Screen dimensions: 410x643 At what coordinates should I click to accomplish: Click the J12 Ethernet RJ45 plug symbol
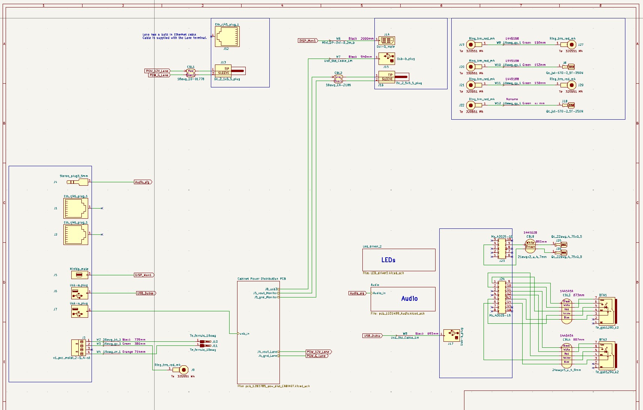227,36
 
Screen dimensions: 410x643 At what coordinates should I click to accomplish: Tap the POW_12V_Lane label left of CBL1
158,71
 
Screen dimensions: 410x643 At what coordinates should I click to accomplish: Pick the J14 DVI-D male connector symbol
386,41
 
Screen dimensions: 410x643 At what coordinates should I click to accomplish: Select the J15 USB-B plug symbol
386,59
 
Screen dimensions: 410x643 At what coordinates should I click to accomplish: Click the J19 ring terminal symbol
471,45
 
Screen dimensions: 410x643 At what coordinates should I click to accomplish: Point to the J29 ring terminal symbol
571,85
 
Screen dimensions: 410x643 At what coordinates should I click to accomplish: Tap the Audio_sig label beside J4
143,182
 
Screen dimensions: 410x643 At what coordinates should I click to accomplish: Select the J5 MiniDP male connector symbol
80,275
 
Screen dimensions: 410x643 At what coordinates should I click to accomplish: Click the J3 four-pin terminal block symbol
80,348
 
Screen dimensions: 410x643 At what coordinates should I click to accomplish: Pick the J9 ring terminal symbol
183,370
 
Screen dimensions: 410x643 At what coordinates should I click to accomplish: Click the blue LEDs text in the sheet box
388,260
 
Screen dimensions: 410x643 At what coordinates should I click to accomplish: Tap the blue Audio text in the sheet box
409,299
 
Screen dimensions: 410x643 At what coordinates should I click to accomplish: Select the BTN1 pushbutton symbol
606,311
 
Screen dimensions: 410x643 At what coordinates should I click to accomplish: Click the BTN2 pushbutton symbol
606,355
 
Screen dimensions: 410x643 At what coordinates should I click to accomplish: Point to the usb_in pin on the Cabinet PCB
244,333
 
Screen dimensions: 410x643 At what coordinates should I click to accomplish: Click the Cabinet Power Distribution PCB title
261,279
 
